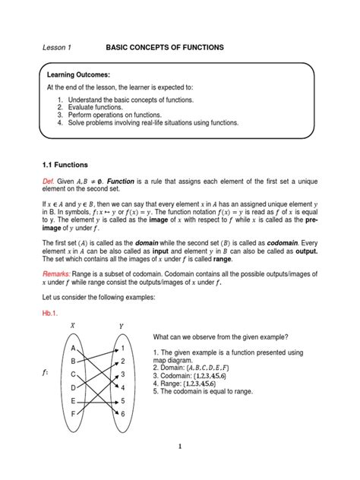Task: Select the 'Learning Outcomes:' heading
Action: [x=78, y=77]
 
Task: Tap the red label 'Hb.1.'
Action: [x=50, y=311]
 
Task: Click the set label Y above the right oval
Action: [x=121, y=327]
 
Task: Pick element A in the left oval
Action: [x=73, y=348]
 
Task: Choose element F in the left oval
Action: [x=73, y=413]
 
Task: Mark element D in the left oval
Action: [x=73, y=387]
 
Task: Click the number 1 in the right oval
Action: [x=122, y=349]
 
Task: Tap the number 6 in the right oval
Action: [x=122, y=413]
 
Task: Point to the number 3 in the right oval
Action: [x=122, y=374]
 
